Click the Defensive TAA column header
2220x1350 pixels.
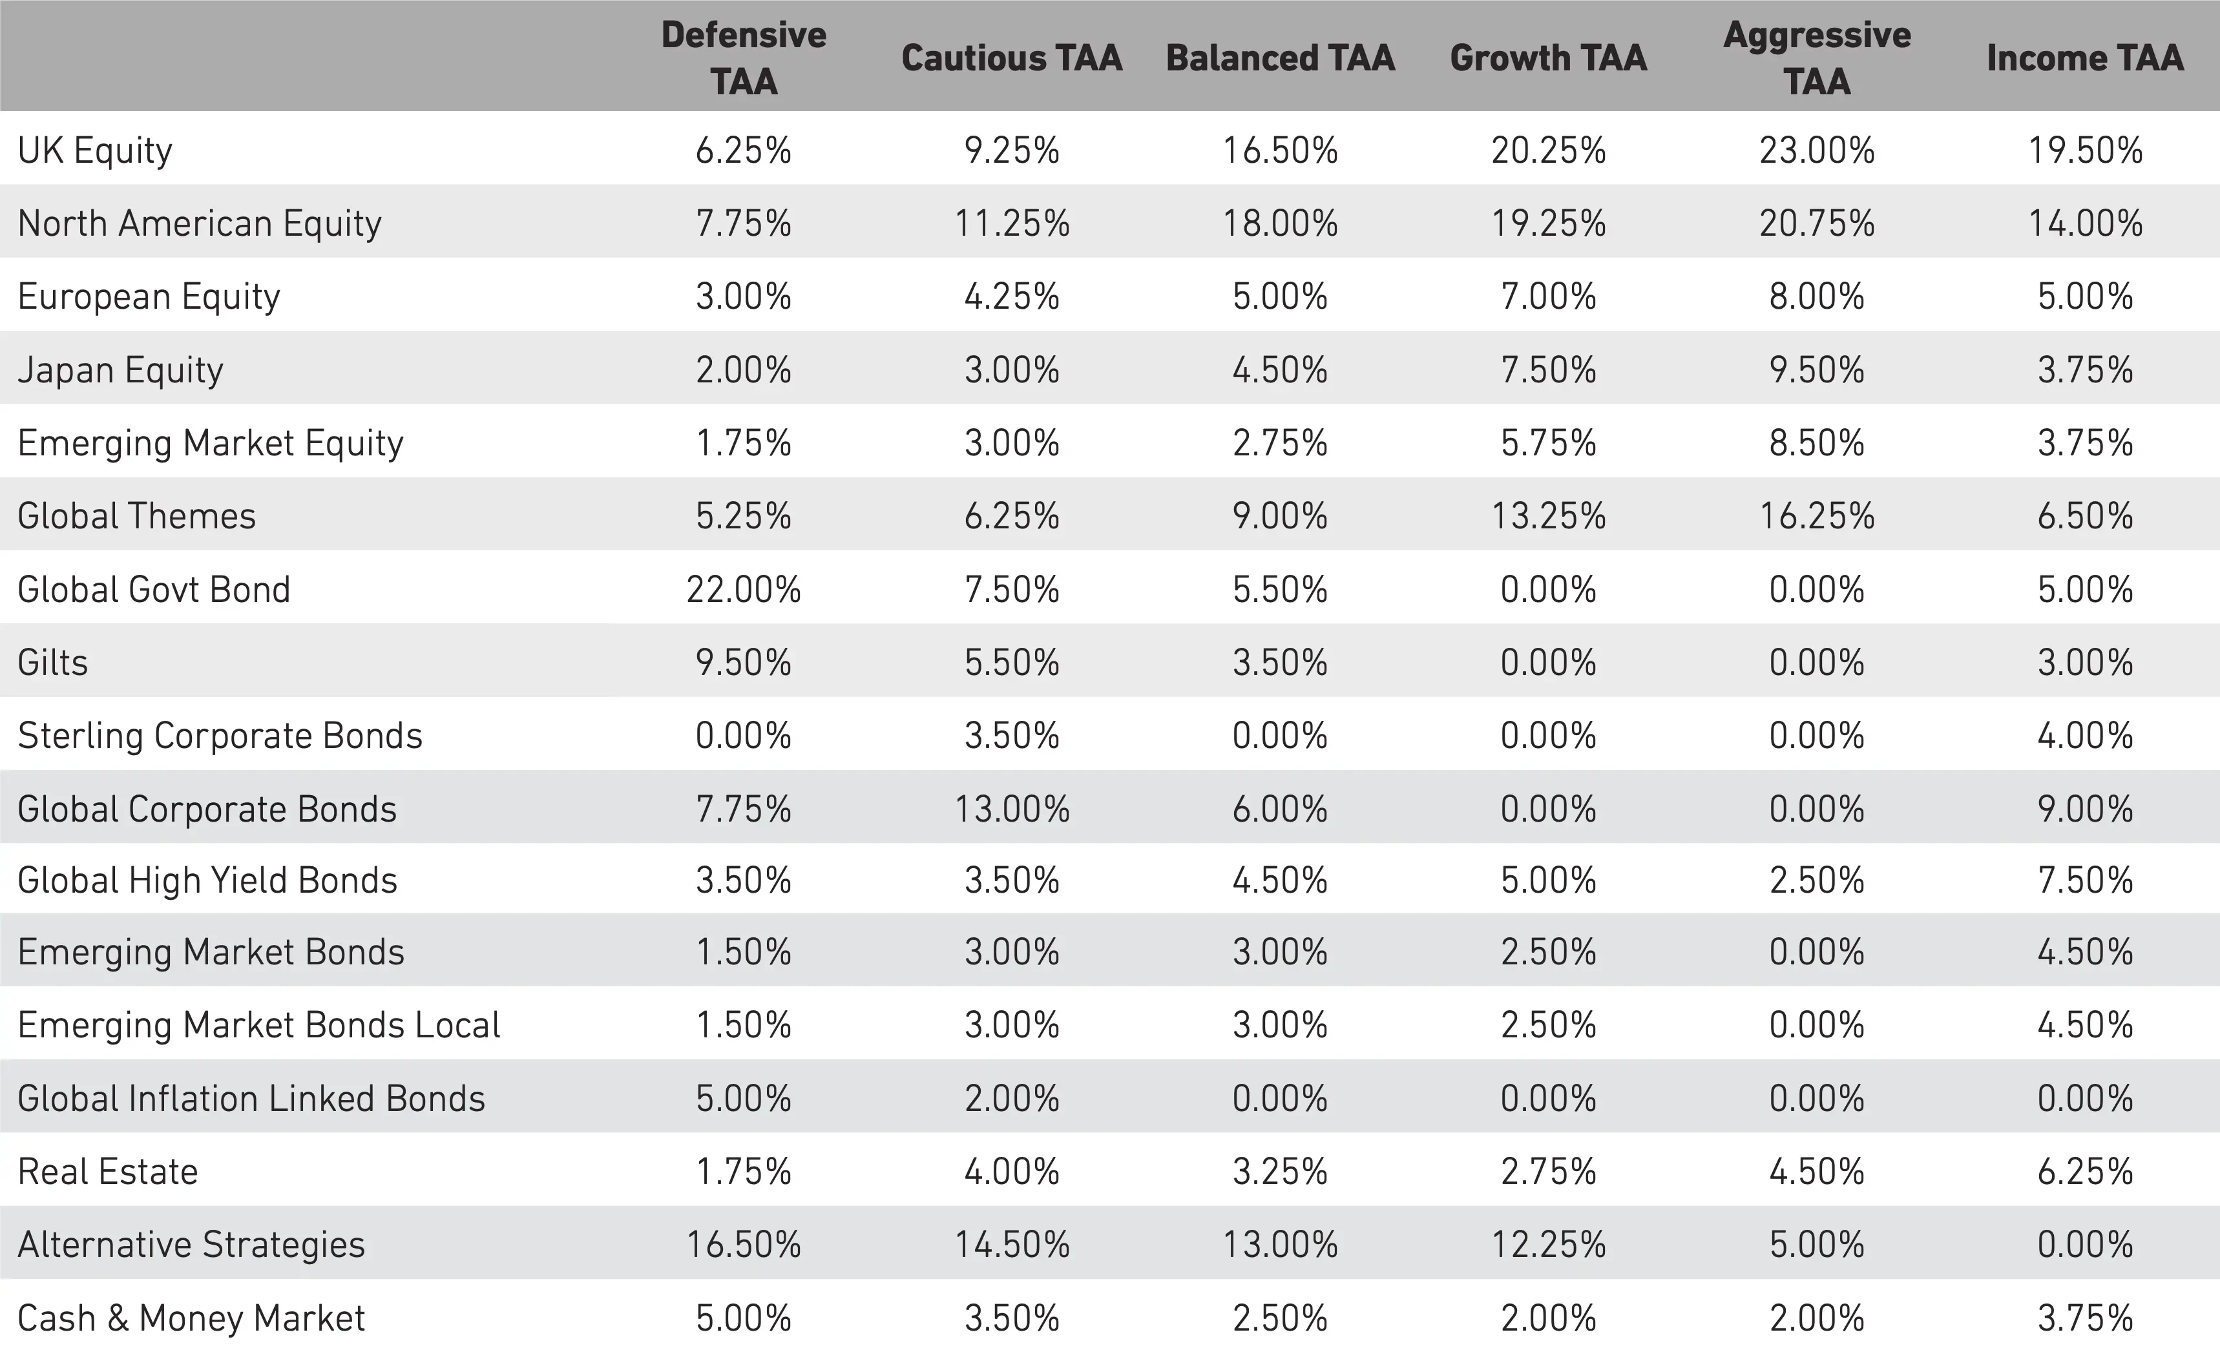[x=743, y=57]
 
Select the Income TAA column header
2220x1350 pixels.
[x=2085, y=57]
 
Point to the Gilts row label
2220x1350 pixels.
[x=52, y=663]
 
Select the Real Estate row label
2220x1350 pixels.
[x=107, y=1172]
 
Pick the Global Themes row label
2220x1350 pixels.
[x=136, y=516]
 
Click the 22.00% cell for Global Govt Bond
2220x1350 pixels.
[x=743, y=590]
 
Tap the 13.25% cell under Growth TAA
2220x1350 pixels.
[x=1548, y=516]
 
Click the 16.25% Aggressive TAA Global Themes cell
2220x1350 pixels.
[x=1816, y=516]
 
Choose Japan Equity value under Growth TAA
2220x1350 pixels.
[x=1548, y=370]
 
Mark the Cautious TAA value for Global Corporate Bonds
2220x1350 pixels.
[x=1012, y=809]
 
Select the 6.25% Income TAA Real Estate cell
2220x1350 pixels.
[x=2085, y=1172]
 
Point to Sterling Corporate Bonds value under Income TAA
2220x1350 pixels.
[x=2085, y=736]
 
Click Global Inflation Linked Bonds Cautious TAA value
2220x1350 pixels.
[x=1012, y=1099]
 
